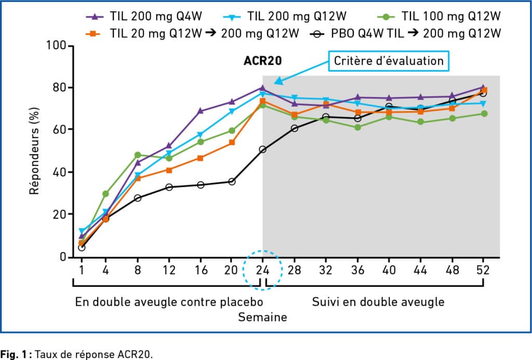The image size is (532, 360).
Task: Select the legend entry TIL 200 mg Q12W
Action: [285, 16]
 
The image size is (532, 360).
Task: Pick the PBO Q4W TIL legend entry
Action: [408, 34]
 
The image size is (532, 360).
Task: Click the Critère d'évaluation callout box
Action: [389, 61]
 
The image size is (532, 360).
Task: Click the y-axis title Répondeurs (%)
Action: [35, 151]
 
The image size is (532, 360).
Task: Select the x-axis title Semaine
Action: [262, 317]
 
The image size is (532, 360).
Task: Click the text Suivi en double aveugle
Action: [378, 302]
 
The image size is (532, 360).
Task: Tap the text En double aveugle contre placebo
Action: [169, 302]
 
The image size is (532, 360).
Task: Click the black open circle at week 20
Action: [232, 182]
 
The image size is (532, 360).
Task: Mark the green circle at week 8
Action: [138, 155]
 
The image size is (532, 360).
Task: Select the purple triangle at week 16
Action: [201, 111]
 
